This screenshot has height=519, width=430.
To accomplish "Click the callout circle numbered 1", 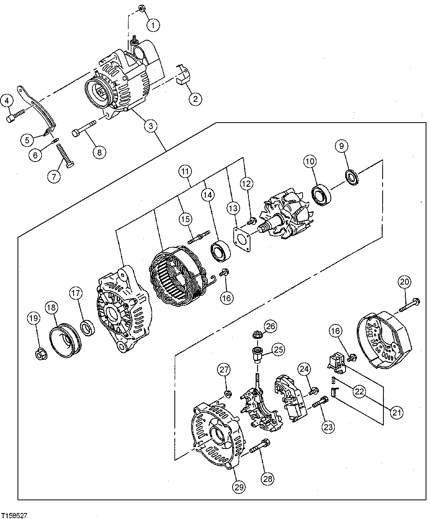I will point(153,25).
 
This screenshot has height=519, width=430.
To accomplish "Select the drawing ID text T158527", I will point(14,515).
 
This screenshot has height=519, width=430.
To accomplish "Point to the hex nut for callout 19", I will point(41,353).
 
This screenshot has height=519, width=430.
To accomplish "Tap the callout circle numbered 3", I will point(150,127).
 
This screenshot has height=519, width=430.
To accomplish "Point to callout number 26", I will point(270,327).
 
